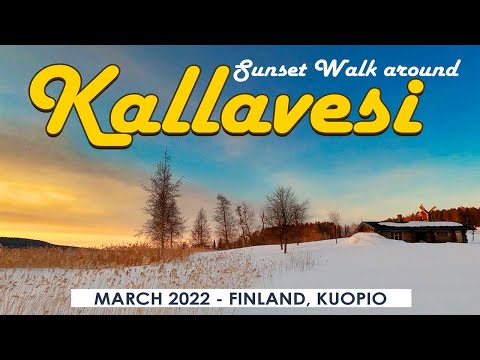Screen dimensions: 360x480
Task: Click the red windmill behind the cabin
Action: coord(423,212)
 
